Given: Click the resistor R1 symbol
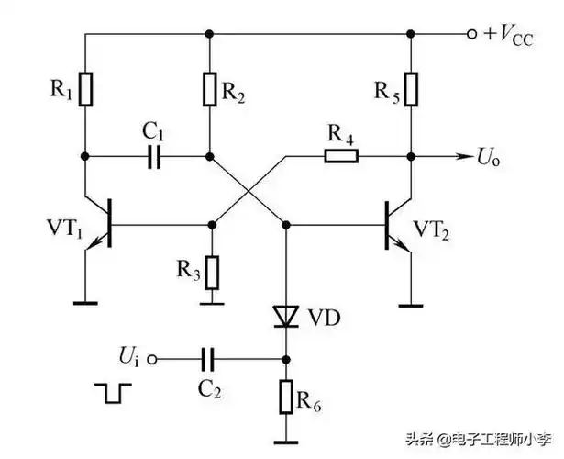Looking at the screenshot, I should (85, 90).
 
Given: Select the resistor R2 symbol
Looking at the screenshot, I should (210, 90).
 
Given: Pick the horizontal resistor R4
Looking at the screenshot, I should (340, 157).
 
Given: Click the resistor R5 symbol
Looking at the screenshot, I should (410, 90).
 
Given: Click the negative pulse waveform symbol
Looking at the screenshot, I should (112, 393).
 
